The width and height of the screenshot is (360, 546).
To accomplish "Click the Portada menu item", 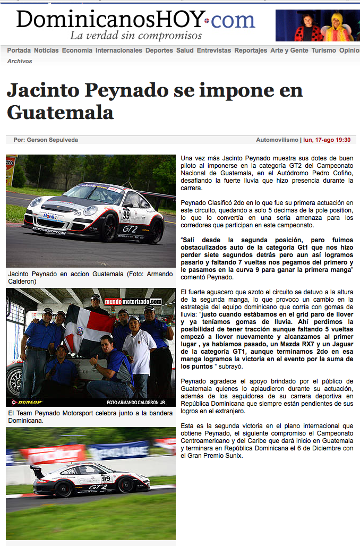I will (19, 50).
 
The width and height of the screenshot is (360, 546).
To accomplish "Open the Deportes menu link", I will (159, 50).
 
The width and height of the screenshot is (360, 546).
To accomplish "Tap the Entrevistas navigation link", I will (214, 50).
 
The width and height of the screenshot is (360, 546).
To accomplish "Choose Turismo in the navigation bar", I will (324, 50).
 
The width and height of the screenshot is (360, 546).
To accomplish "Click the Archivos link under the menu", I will (20, 61).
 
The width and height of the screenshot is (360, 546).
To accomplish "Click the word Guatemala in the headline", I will (60, 112).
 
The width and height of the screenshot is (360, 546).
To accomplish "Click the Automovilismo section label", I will (277, 140).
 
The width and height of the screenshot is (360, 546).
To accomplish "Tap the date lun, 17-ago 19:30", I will (327, 140).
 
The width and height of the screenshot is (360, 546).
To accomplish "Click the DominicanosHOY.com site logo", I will (136, 20).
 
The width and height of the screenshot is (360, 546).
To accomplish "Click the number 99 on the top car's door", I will (126, 214).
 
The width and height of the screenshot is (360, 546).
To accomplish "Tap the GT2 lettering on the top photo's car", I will (130, 228).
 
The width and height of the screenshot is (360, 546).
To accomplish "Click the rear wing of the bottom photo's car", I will (37, 470).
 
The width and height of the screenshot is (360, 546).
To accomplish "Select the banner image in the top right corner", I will (318, 25).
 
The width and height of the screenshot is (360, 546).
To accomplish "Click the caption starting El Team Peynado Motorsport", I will (90, 416).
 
